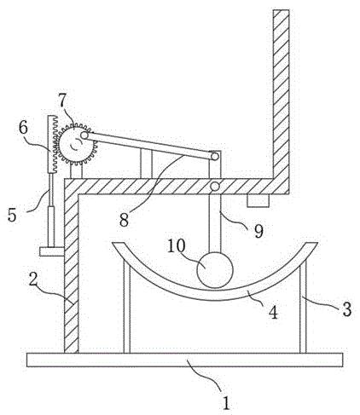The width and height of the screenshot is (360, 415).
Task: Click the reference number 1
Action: [x=226, y=403]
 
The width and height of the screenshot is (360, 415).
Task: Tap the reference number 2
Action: [x=33, y=279]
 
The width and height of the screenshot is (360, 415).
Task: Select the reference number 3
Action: [x=346, y=309]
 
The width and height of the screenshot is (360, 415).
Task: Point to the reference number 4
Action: [x=273, y=313]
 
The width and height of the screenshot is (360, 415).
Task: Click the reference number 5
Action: [x=12, y=215]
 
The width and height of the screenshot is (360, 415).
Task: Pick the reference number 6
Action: [x=23, y=128]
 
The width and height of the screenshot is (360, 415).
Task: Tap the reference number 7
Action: [x=62, y=101]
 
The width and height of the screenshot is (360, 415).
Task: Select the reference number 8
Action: [x=124, y=220]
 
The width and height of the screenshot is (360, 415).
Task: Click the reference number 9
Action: [x=258, y=232]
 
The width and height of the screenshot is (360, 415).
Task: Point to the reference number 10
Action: [x=177, y=246]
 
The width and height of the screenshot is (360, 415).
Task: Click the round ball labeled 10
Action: [x=215, y=269]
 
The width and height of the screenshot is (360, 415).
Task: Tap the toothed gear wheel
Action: [x=77, y=144]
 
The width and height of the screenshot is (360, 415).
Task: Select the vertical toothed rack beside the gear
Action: [x=52, y=144]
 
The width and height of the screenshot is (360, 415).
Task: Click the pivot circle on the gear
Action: [x=84, y=135]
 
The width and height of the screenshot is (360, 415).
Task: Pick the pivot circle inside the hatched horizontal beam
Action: [x=215, y=187]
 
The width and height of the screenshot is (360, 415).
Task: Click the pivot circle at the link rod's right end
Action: [x=215, y=156]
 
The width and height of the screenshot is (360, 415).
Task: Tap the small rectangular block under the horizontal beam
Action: [x=258, y=200]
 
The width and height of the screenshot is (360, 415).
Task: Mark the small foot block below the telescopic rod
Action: [x=52, y=251]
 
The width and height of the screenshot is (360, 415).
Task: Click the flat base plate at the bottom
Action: [x=184, y=360]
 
